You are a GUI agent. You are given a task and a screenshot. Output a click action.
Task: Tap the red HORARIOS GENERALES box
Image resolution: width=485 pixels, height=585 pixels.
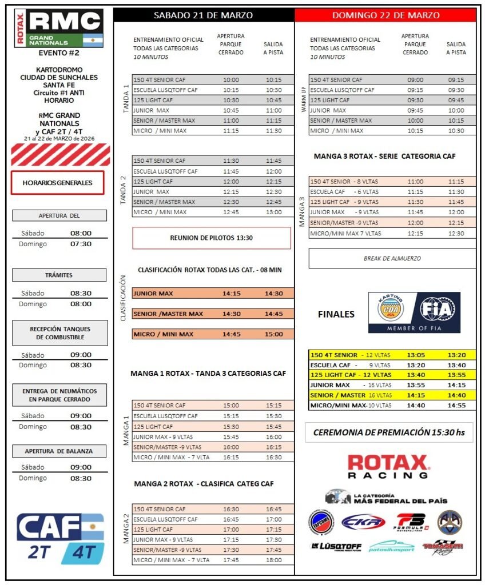(x=57, y=183)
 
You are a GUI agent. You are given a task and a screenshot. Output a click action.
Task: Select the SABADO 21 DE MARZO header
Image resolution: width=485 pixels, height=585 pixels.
(x=204, y=15)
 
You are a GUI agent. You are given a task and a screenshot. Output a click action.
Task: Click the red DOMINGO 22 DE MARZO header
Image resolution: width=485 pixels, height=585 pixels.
(x=385, y=15)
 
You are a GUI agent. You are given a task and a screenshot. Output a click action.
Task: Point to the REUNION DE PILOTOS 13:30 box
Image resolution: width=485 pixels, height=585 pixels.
(x=212, y=238)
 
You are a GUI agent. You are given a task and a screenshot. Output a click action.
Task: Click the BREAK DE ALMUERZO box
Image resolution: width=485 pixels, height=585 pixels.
(x=392, y=258)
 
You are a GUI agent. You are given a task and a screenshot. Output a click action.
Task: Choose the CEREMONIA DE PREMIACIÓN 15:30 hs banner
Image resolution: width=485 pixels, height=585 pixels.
(x=389, y=432)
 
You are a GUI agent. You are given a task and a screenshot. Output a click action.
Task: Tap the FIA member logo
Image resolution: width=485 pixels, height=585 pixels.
(x=414, y=312)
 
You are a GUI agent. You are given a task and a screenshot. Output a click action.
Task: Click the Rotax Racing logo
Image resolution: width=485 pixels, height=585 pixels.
(x=388, y=466)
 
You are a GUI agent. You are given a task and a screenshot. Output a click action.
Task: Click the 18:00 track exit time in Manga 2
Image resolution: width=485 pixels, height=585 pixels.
(x=273, y=560)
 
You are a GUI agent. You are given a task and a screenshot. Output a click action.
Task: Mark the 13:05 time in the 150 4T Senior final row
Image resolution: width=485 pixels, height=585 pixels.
(x=415, y=355)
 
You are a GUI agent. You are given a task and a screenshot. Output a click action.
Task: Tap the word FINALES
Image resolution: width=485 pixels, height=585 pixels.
(x=336, y=314)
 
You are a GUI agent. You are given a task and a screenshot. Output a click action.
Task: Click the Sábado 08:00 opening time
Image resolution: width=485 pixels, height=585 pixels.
(x=81, y=233)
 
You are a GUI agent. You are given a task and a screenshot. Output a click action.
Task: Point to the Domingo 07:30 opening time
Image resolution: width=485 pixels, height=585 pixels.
(x=81, y=244)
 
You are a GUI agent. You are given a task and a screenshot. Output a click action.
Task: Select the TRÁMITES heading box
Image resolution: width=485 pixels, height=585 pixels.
(x=59, y=275)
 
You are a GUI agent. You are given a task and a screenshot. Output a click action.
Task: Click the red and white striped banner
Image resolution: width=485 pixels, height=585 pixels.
(x=60, y=155)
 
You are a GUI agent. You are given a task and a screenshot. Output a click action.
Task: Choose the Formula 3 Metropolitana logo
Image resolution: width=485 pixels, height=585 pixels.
(x=411, y=522)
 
